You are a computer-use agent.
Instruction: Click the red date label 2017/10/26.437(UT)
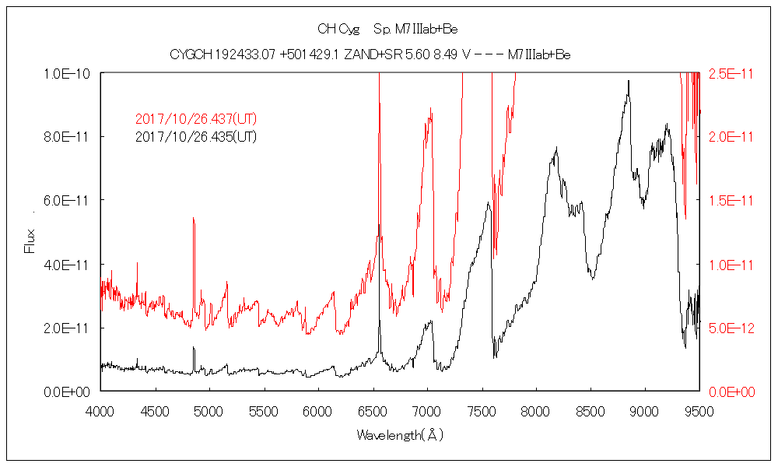(196, 120)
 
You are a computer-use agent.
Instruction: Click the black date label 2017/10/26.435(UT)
(196, 137)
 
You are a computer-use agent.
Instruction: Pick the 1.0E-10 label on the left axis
(68, 73)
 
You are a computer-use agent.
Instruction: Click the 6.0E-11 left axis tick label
(68, 201)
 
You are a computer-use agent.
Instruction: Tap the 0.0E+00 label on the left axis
(68, 392)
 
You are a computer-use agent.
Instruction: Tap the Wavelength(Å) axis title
(400, 435)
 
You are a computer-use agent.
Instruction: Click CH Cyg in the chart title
(338, 30)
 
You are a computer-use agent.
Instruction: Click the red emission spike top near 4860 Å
(193, 219)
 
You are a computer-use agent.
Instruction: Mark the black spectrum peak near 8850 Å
(628, 93)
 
